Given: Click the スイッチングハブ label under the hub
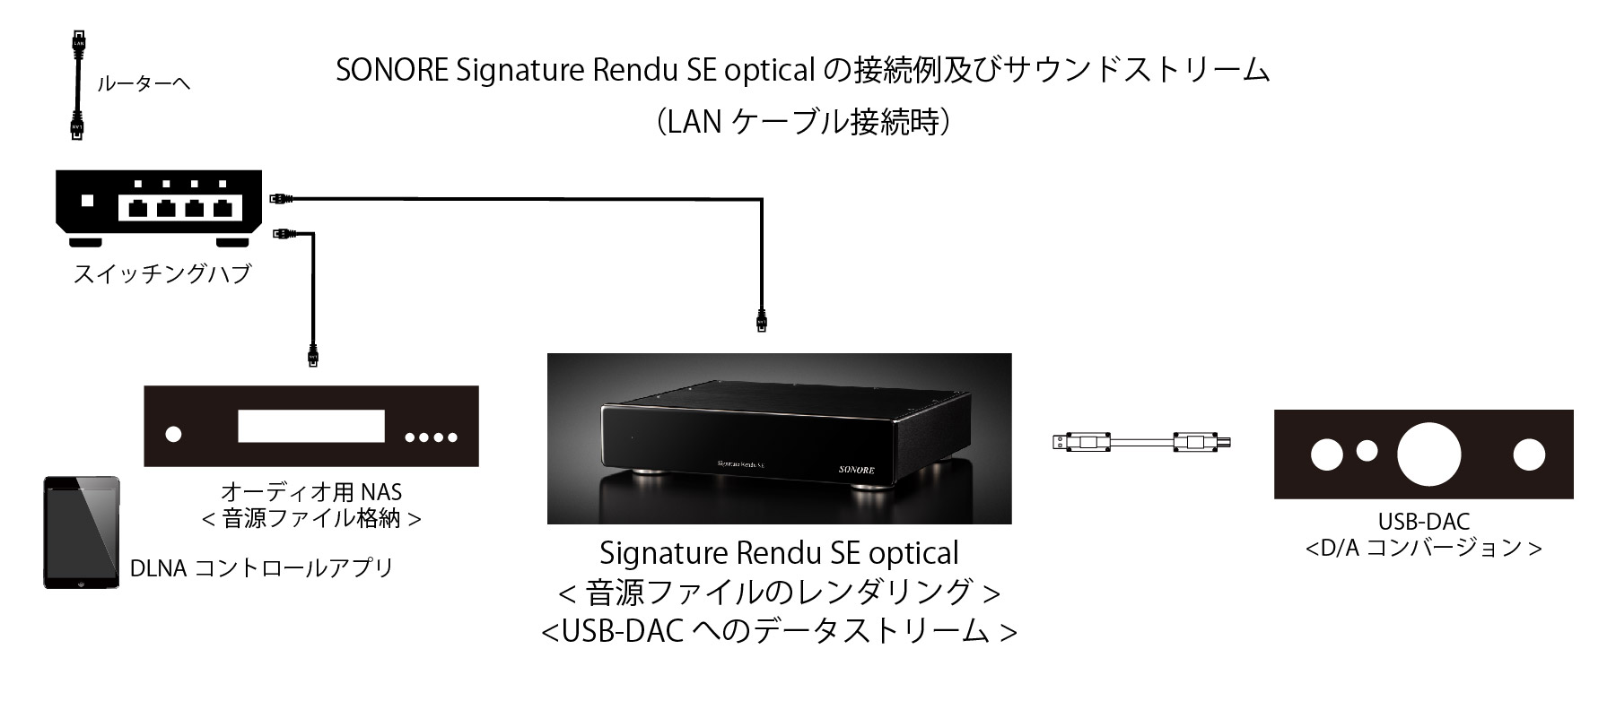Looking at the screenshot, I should pos(162,273).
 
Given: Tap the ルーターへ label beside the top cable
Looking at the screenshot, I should pos(144,85).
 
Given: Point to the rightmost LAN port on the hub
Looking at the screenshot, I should pos(222,210).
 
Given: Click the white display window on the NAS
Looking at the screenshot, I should pos(310,426).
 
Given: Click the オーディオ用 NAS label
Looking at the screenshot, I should pos(310,492).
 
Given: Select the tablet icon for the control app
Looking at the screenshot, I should pos(82,532).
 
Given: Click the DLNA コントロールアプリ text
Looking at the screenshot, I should pos(262,568).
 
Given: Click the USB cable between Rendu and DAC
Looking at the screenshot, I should pos(1140,442).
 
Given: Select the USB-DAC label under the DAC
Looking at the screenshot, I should pos(1423,521).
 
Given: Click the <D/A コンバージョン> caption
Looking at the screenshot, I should pos(1423,548).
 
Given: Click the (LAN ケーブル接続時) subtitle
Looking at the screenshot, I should pos(803,122).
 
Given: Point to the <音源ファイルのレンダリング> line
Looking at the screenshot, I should pos(779,593).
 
